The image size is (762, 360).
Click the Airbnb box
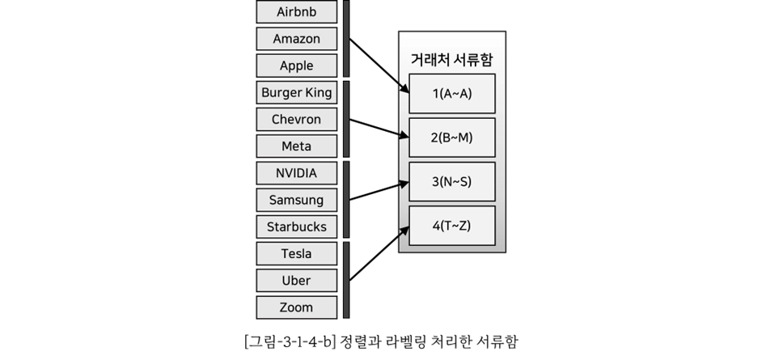coord(296,12)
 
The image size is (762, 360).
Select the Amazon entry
coord(296,39)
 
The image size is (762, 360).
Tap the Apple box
coord(296,66)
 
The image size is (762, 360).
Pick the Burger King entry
coord(296,92)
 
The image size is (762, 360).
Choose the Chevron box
coord(296,119)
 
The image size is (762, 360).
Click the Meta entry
coord(296,146)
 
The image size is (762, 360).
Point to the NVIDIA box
coord(296,173)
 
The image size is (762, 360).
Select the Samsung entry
coord(296,200)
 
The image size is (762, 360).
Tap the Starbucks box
coord(296,227)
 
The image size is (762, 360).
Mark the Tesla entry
coord(296,254)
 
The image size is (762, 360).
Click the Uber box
coord(296,281)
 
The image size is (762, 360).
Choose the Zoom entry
coord(296,307)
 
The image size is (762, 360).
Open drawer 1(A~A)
coord(451,93)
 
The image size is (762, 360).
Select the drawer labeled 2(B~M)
coord(451,138)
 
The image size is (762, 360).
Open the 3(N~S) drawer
coord(451,182)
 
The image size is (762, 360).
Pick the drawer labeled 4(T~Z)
coord(451,226)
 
